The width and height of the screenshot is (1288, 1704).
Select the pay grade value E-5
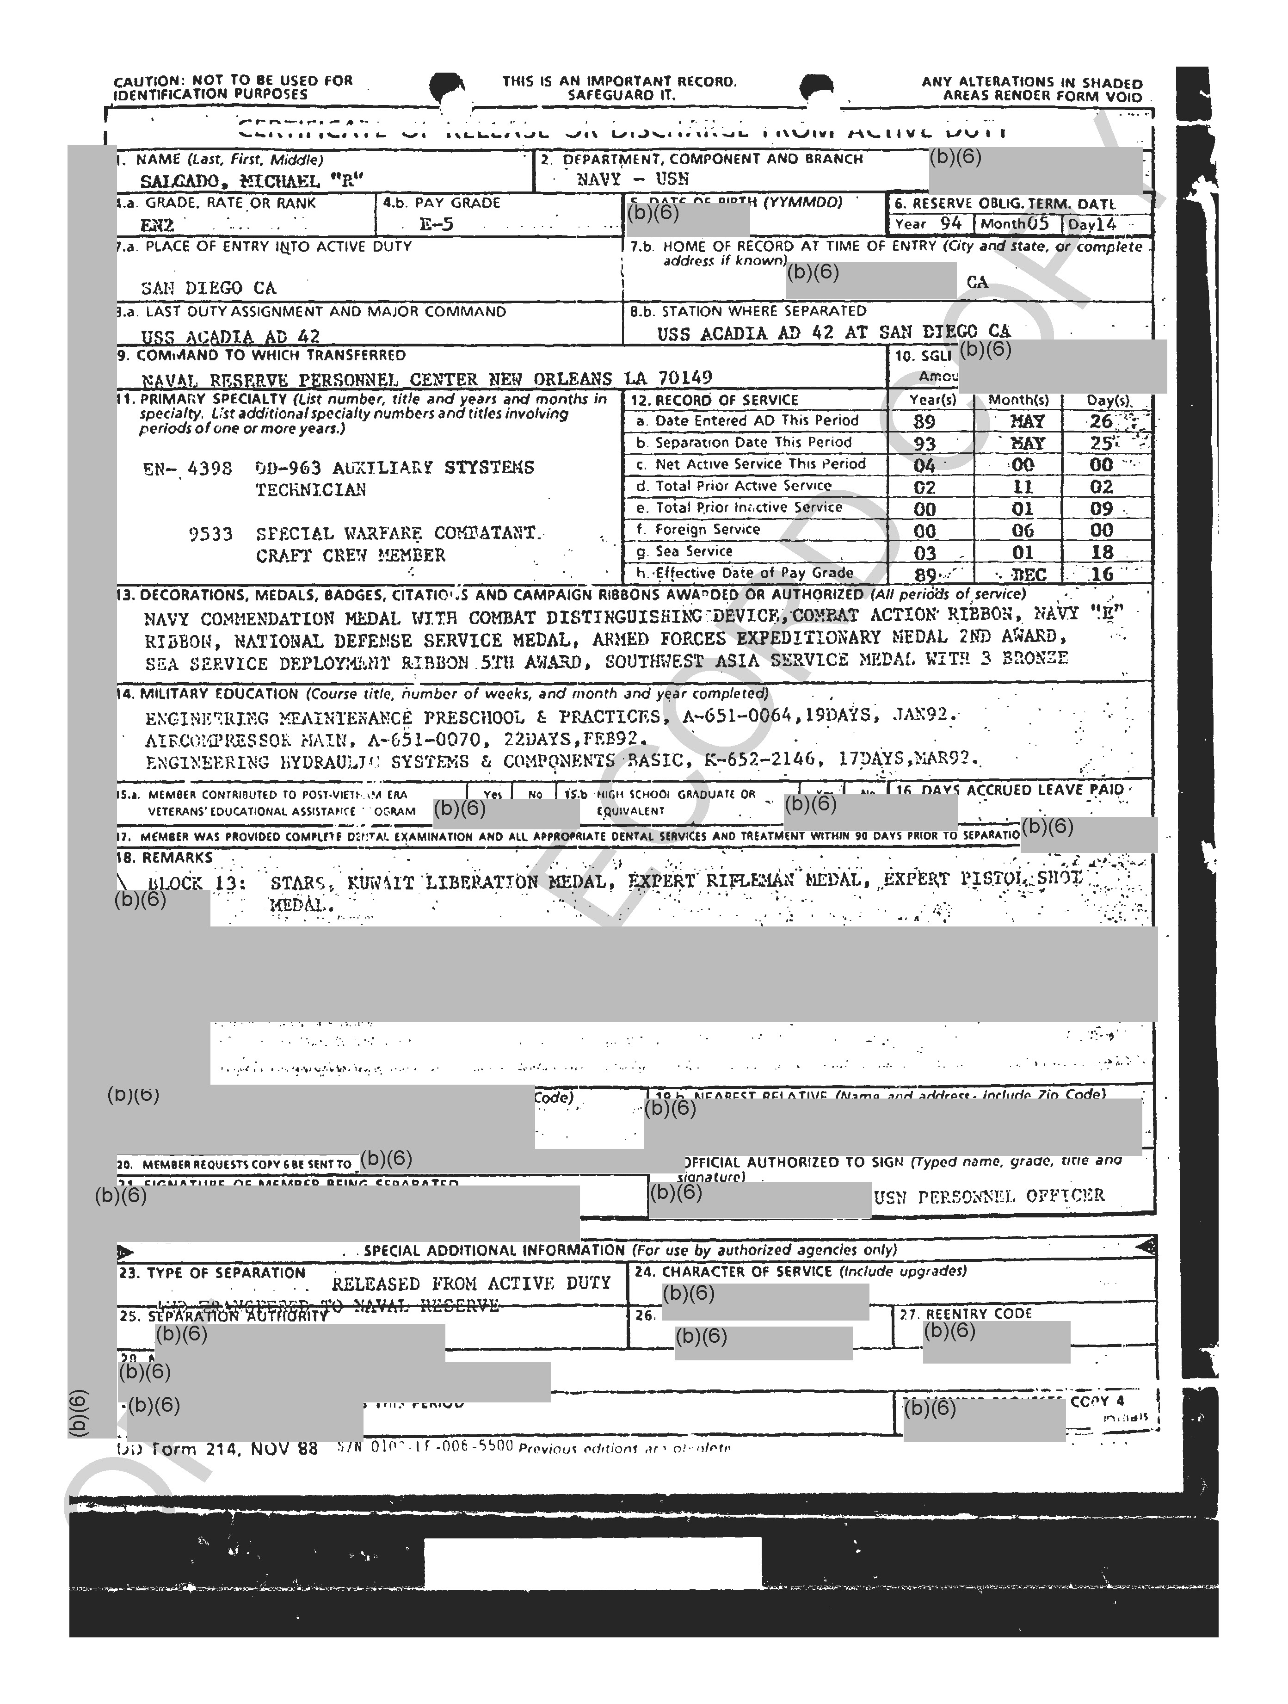click(x=436, y=225)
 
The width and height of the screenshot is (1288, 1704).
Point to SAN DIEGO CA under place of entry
click(x=208, y=288)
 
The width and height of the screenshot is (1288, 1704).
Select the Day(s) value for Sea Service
click(x=1102, y=552)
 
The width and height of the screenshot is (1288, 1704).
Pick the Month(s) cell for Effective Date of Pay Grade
click(x=1029, y=574)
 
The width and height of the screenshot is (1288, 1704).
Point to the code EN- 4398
click(x=187, y=469)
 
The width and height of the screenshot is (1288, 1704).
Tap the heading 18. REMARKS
click(x=164, y=858)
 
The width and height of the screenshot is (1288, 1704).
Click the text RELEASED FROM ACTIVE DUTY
click(x=471, y=1284)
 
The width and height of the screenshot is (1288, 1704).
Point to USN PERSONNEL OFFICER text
click(x=989, y=1196)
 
